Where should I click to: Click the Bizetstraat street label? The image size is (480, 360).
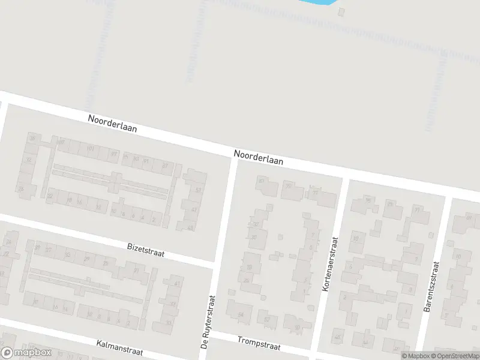pyautogui.click(x=146, y=250)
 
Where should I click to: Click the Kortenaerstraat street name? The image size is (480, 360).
pyautogui.click(x=331, y=265)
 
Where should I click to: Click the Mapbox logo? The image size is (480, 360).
pyautogui.click(x=25, y=353)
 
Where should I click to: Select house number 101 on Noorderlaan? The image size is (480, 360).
pyautogui.click(x=91, y=149)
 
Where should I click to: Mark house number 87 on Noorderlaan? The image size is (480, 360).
pyautogui.click(x=164, y=166)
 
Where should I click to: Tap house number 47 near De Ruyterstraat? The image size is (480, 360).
pyautogui.click(x=194, y=209)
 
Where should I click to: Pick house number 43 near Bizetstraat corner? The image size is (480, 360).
pyautogui.click(x=190, y=227)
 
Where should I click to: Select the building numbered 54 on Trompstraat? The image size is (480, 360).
pyautogui.click(x=241, y=314)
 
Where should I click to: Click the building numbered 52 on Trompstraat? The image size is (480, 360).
pyautogui.click(x=267, y=319)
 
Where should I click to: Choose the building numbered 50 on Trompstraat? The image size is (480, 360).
pyautogui.click(x=297, y=328)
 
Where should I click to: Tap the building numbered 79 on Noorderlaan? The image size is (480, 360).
pyautogui.click(x=289, y=185)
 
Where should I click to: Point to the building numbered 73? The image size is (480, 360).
pyautogui.click(x=416, y=210)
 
